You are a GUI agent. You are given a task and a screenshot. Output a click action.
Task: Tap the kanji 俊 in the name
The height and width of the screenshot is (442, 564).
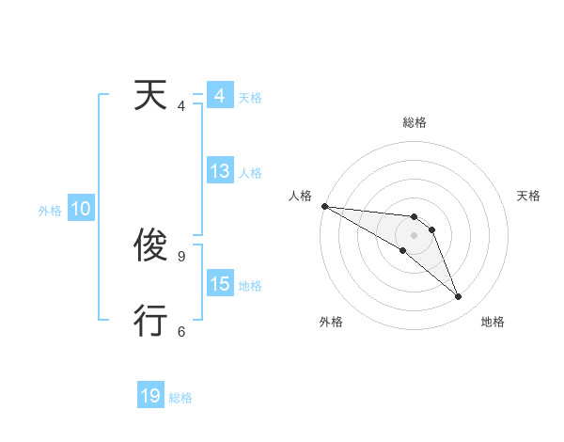tap(152, 246)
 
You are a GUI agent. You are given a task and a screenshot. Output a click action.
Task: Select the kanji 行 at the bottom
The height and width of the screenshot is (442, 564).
tap(152, 321)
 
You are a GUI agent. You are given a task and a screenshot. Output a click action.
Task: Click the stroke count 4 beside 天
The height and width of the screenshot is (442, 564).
tap(180, 105)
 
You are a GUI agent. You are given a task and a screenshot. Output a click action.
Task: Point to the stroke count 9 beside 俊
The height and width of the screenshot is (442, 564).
tap(180, 256)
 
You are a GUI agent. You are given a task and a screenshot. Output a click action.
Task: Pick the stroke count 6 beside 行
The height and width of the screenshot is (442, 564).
tap(180, 330)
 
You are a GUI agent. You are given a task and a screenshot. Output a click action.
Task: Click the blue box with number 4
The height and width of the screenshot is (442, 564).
tap(219, 96)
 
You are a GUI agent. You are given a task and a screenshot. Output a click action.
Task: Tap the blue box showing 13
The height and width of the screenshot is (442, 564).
tap(219, 171)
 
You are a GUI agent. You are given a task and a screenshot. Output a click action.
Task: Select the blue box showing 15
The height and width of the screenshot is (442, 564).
tap(219, 284)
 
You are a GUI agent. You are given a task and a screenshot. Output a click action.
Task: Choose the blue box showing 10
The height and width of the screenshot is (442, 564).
tap(80, 210)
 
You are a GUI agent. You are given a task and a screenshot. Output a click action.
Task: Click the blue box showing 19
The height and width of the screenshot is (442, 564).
tap(150, 396)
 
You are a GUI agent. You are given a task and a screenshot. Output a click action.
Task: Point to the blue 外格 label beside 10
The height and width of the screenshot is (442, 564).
tap(50, 211)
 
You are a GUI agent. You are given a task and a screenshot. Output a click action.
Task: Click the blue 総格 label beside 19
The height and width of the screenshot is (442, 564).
tap(180, 398)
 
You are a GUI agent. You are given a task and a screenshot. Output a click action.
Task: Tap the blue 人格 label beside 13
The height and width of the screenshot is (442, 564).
tap(250, 173)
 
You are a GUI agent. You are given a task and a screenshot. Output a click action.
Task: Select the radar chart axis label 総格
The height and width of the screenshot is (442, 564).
tap(415, 122)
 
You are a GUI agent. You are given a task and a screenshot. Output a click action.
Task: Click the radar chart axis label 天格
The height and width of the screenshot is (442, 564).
tap(529, 196)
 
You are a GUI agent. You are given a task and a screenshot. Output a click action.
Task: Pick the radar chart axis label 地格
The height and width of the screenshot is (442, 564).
tap(493, 322)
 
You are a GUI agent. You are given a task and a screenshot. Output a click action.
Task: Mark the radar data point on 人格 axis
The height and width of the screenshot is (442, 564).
tap(324, 206)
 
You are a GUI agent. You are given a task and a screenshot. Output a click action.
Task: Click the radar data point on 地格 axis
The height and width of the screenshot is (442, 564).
tap(459, 297)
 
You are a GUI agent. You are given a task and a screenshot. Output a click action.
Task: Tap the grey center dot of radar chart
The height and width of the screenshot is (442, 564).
tap(415, 235)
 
